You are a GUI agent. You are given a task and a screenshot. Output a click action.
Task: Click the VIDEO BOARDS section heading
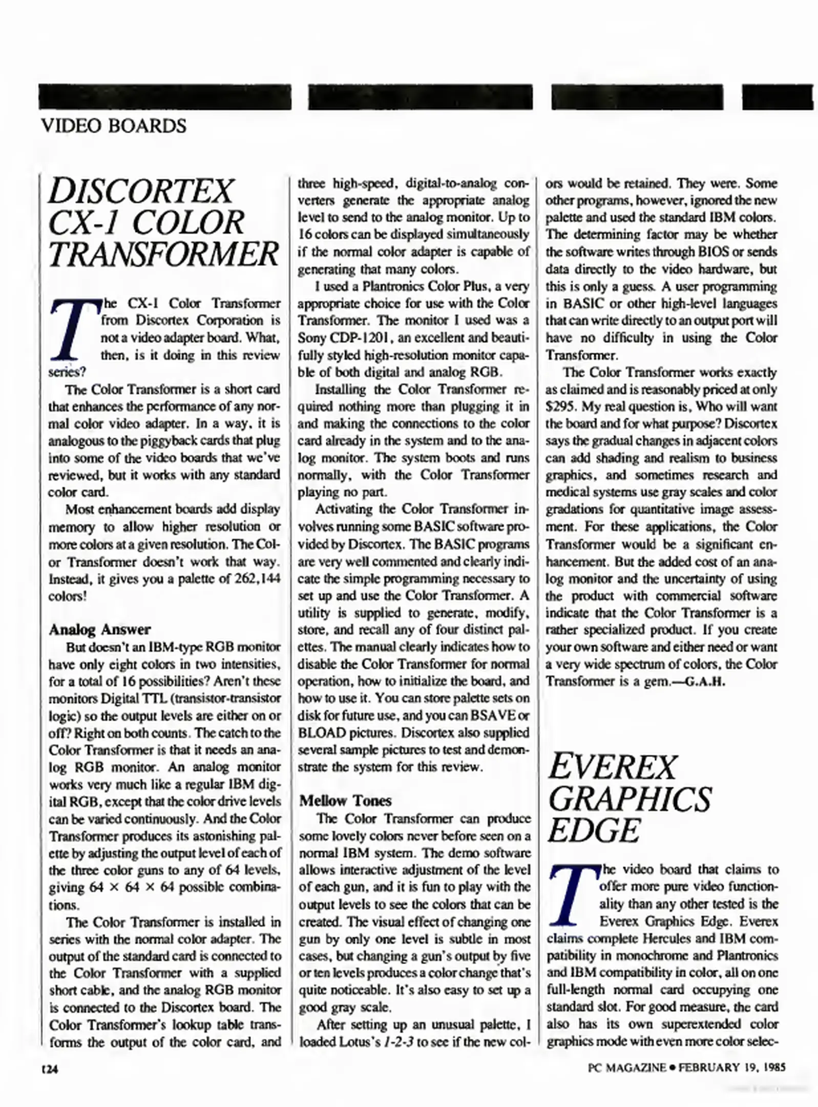(114, 126)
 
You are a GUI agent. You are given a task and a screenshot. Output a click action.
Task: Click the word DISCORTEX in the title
(141, 191)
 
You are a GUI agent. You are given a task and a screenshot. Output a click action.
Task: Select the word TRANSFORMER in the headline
(164, 254)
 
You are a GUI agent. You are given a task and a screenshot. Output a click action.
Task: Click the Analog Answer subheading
(99, 629)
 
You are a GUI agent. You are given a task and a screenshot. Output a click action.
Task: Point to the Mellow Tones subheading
(345, 801)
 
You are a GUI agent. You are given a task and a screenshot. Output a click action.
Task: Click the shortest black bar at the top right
(777, 97)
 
